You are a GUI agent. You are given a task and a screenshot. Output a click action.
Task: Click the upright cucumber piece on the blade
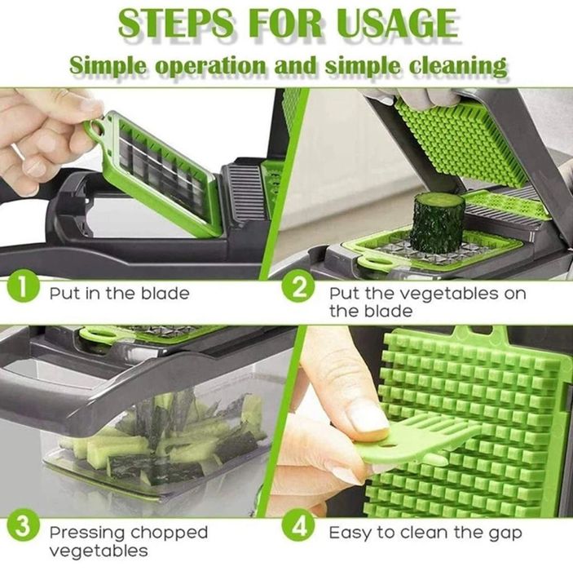(x=436, y=220)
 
